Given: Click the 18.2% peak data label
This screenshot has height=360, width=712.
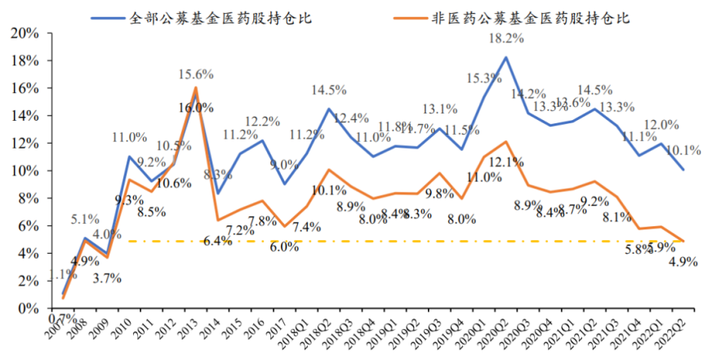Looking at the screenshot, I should [x=506, y=38].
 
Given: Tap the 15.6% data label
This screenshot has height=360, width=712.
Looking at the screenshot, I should [x=196, y=74].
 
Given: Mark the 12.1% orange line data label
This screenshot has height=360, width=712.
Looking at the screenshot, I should [x=508, y=162].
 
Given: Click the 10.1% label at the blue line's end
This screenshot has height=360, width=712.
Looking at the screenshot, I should [x=685, y=151].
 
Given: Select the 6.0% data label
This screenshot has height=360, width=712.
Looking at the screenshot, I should [x=284, y=247].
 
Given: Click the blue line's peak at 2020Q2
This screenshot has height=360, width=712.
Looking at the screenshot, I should [x=506, y=57].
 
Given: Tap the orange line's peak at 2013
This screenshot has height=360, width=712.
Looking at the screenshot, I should [x=196, y=87].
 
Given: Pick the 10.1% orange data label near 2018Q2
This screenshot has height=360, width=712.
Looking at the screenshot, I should [x=331, y=191].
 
